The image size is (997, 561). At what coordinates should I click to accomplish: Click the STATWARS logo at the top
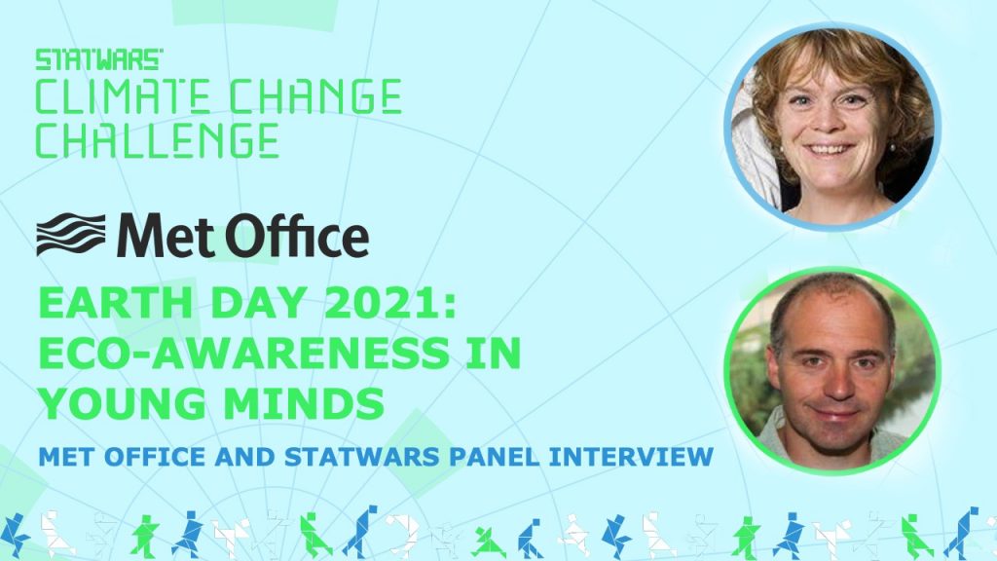tap(99, 59)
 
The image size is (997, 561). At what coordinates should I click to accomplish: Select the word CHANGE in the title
tap(314, 96)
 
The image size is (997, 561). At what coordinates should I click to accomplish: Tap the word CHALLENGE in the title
tap(157, 140)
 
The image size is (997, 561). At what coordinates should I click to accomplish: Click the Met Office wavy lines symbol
tap(71, 235)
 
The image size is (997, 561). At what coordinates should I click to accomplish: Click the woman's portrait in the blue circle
tap(832, 127)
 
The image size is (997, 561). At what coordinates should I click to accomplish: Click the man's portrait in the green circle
tap(832, 371)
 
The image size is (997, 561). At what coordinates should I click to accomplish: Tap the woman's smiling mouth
tap(829, 150)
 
